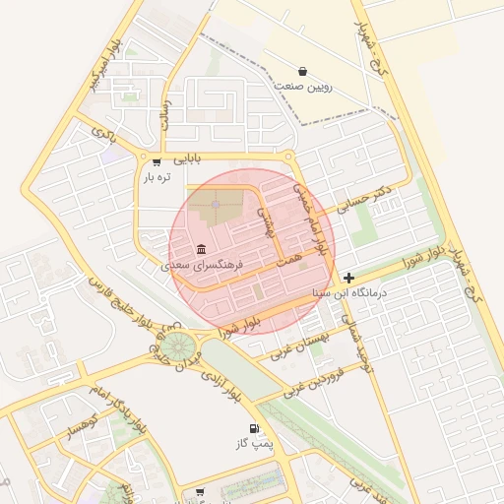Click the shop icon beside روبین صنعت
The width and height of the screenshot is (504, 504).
(x=301, y=71)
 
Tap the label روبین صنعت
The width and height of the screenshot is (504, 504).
(x=302, y=87)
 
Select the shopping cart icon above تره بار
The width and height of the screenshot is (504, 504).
(x=157, y=161)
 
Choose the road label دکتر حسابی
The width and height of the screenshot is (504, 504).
(x=364, y=197)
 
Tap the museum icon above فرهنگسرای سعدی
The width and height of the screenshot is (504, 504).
(x=202, y=248)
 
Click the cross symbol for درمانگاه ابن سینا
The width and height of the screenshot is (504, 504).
(x=349, y=279)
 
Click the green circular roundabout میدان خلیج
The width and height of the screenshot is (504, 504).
(x=179, y=346)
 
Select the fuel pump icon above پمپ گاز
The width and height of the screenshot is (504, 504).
(x=256, y=428)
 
